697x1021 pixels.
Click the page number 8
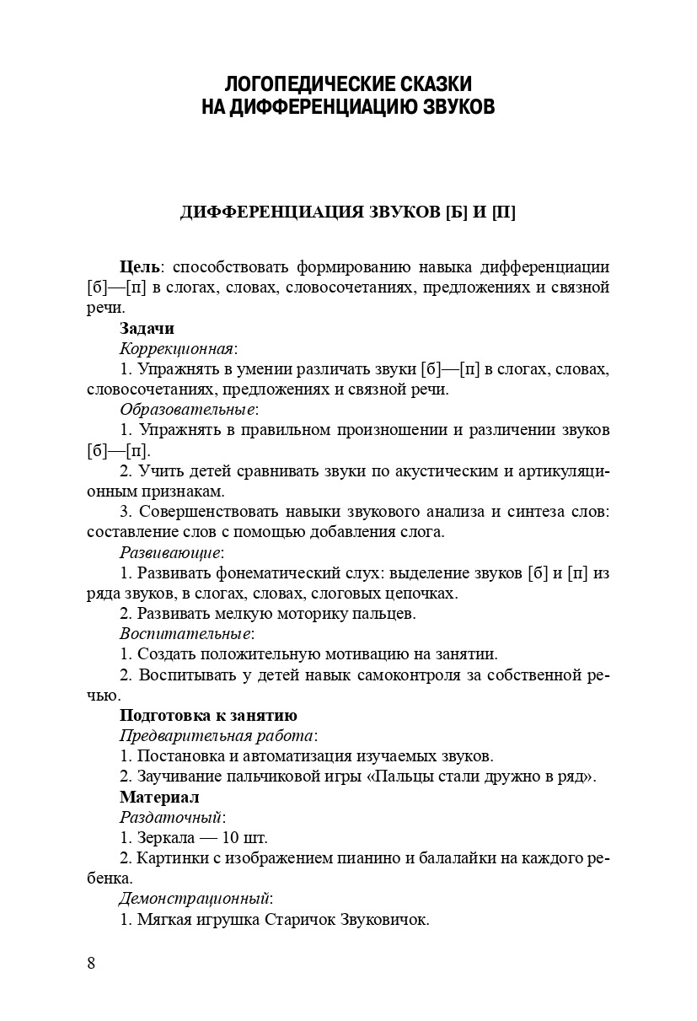click(x=91, y=964)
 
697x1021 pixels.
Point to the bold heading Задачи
click(x=147, y=329)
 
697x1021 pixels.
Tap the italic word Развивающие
click(x=170, y=553)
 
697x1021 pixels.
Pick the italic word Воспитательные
click(x=185, y=634)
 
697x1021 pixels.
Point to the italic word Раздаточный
click(x=171, y=817)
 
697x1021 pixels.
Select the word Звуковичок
click(x=389, y=919)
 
